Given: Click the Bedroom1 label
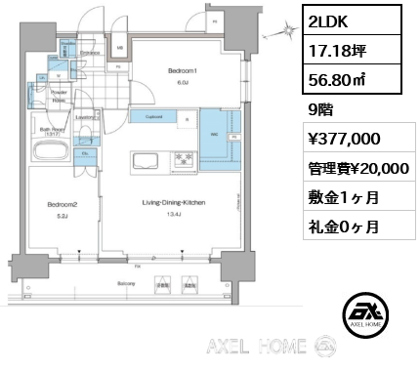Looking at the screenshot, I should [x=183, y=72].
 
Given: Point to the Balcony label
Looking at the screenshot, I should [x=126, y=284].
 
